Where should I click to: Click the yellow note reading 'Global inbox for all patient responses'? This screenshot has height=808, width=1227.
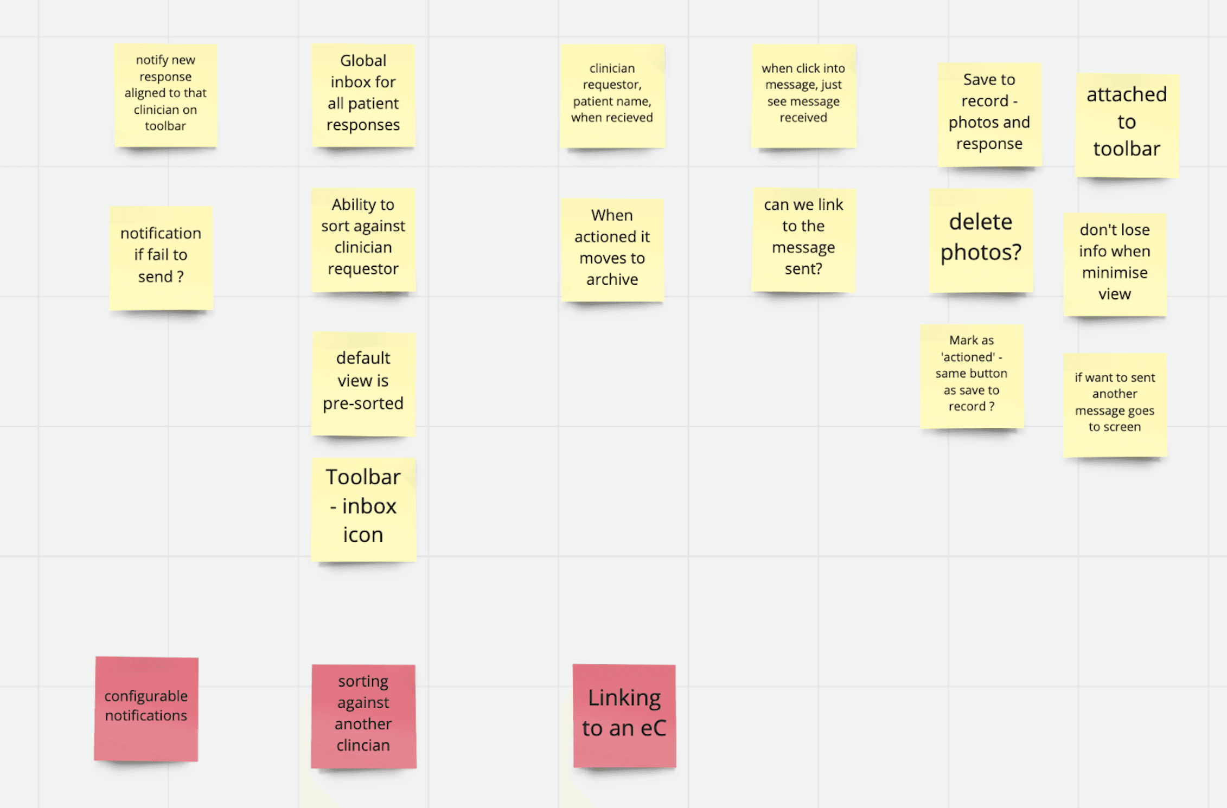click(363, 95)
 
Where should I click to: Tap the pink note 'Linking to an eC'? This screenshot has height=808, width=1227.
click(624, 715)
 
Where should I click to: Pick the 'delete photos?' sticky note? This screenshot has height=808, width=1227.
click(981, 240)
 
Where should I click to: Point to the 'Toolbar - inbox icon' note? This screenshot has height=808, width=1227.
click(363, 509)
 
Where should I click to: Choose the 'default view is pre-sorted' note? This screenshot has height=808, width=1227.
click(363, 383)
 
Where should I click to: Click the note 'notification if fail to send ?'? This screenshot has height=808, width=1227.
click(161, 258)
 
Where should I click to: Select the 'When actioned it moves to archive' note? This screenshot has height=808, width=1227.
click(612, 249)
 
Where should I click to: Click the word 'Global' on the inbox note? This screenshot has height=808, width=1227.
click(363, 61)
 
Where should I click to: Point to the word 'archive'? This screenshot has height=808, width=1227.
click(612, 280)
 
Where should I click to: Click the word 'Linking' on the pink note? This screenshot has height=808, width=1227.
click(624, 698)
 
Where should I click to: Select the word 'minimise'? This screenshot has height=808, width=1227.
click(1115, 273)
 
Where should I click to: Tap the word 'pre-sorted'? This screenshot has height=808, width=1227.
click(363, 404)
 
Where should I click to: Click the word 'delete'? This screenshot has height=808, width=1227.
click(981, 222)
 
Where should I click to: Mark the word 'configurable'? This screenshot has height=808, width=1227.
click(146, 696)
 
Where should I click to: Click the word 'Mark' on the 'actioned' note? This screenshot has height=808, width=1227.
click(963, 341)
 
